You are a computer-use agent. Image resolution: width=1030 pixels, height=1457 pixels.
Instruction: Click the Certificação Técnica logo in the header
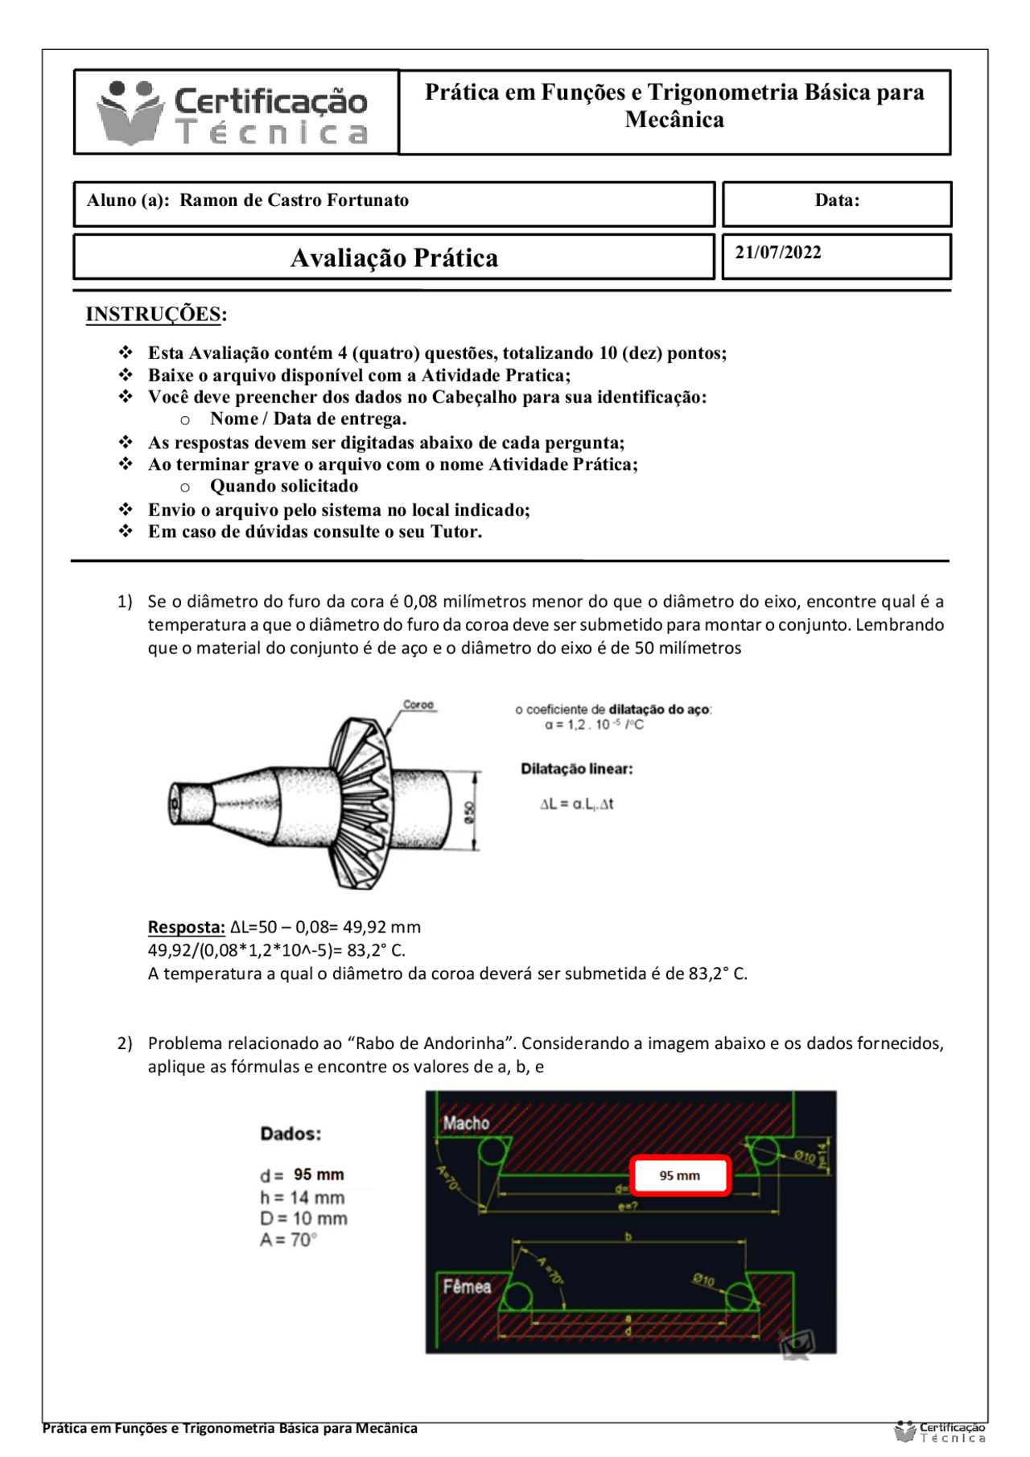pos(233,113)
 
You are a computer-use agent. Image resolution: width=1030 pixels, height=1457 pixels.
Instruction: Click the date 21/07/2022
pos(777,253)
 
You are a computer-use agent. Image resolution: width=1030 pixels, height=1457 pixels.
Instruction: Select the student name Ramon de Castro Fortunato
pos(294,200)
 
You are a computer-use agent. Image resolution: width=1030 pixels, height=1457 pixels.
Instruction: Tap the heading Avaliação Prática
pos(393,258)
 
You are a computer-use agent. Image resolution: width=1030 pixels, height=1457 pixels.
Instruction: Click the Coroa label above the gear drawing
pos(418,705)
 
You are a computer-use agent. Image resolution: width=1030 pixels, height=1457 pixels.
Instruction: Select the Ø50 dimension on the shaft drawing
pos(470,811)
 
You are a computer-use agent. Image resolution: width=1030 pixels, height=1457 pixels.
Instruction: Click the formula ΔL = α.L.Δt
pos(576,804)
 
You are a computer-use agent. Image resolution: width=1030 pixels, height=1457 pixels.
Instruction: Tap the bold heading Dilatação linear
pos(576,769)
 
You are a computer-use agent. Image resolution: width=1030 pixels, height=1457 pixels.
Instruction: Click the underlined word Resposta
pos(186,928)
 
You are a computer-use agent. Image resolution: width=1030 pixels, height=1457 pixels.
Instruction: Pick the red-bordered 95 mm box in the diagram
pos(680,1175)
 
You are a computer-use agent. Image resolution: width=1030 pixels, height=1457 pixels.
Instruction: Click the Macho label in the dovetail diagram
pos(466,1123)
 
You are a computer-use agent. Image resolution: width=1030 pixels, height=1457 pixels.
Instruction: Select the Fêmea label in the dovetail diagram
pos(467,1286)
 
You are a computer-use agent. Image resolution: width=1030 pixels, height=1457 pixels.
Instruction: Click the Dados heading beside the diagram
pos(290,1134)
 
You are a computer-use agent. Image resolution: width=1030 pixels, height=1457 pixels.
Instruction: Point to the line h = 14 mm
pos(302,1198)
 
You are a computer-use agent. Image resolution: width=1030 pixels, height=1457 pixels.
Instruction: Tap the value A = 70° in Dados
pos(288,1241)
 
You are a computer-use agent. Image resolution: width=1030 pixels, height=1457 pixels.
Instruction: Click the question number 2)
pos(125,1043)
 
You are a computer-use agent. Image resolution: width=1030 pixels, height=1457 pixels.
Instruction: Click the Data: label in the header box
pos(837,200)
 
